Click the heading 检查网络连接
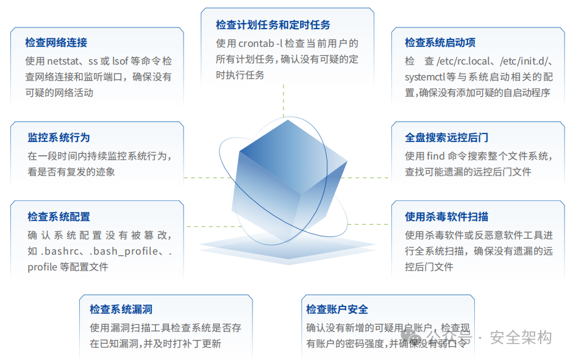pos(56,43)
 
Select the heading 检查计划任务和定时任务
pos(273,25)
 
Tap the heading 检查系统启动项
pos(440,43)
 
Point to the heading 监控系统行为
pos(59,137)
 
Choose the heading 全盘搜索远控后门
pos(447,137)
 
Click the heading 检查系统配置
pos(59,216)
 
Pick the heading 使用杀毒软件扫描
pos(447,216)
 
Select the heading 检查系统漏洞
pos(121,309)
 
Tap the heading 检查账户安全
pos(337,309)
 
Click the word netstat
pos(63,61)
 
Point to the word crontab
pos(256,43)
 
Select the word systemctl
pos(425,77)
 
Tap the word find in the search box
pos(435,156)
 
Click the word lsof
pos(120,61)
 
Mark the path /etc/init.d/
pos(524,61)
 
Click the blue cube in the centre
pos(289,180)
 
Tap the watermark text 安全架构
pos(521,337)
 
